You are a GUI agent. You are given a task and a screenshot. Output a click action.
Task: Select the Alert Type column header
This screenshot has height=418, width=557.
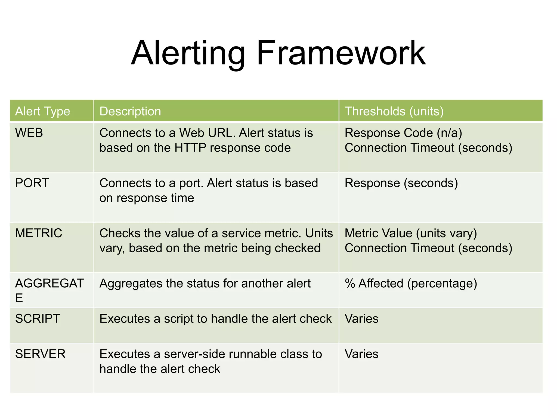pyautogui.click(x=43, y=111)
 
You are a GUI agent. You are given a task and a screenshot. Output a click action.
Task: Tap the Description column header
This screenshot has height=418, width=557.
pyautogui.click(x=130, y=111)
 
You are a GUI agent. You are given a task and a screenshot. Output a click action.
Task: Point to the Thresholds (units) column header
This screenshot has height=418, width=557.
pyautogui.click(x=394, y=111)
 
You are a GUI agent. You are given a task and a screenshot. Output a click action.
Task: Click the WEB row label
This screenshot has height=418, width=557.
pyautogui.click(x=29, y=133)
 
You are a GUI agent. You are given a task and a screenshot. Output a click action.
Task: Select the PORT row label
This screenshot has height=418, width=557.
pyautogui.click(x=32, y=183)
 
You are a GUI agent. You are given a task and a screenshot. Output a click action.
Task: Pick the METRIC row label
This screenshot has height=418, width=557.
pyautogui.click(x=39, y=233)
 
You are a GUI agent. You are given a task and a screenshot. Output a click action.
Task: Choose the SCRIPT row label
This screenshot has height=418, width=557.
pyautogui.click(x=38, y=319)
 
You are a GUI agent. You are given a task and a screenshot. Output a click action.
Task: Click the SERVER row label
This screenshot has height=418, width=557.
pyautogui.click(x=40, y=354)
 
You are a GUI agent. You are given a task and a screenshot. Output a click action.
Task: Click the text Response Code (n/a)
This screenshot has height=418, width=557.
pyautogui.click(x=403, y=133)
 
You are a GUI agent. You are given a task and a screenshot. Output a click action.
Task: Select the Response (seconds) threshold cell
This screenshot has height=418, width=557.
pyautogui.click(x=401, y=183)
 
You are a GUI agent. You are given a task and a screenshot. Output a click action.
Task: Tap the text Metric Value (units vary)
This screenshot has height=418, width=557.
pyautogui.click(x=411, y=233)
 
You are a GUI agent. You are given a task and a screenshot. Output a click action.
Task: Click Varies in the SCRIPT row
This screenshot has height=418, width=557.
pyautogui.click(x=361, y=319)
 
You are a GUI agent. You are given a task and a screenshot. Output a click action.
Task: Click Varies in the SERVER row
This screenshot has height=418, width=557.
pyautogui.click(x=361, y=354)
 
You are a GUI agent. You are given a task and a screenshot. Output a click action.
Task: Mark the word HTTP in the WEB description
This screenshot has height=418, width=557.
pyautogui.click(x=190, y=148)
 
